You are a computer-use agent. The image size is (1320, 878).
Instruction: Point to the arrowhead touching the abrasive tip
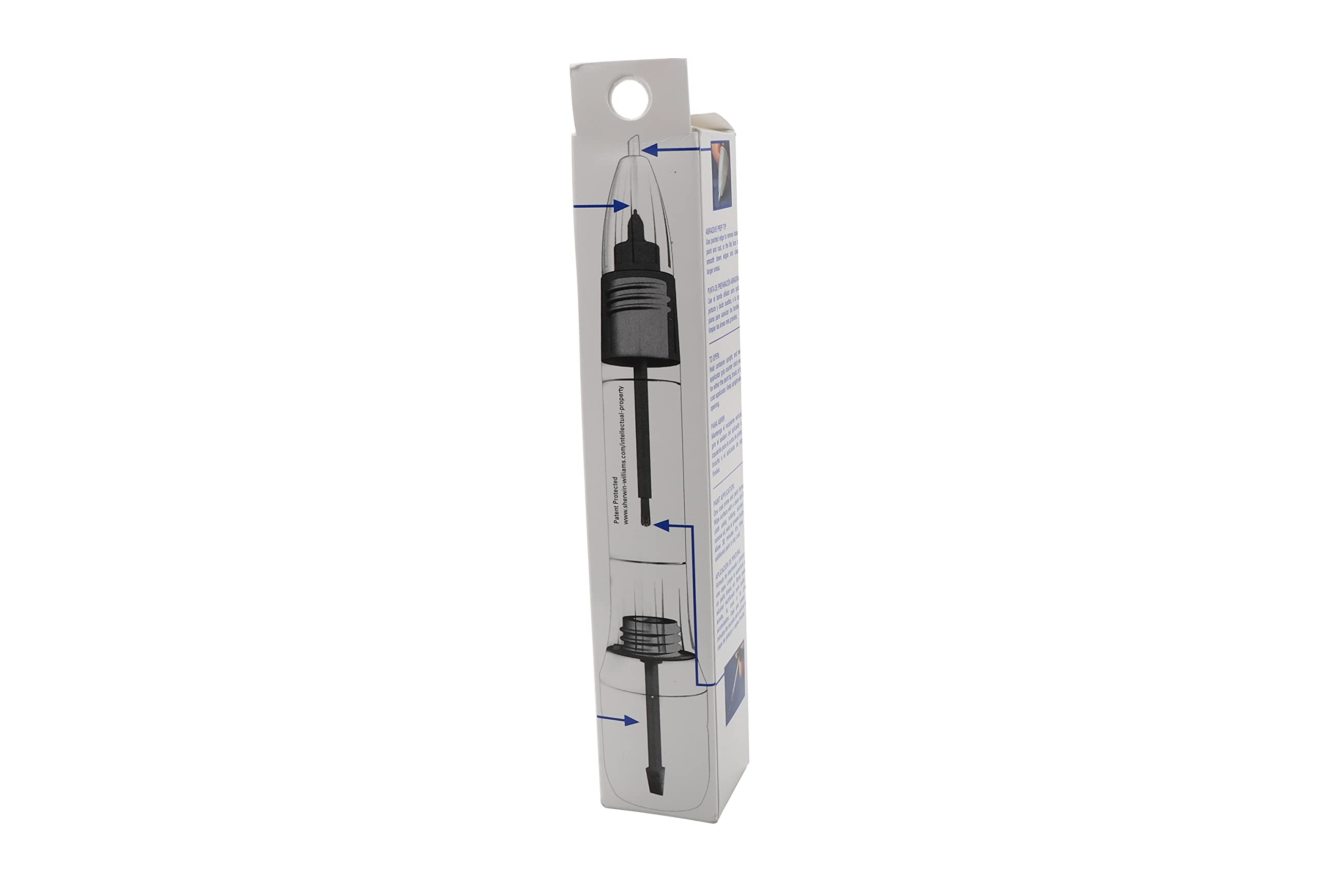[649, 150]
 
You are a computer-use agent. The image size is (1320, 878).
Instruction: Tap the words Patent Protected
[616, 500]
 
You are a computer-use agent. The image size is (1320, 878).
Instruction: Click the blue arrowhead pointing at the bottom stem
[632, 720]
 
